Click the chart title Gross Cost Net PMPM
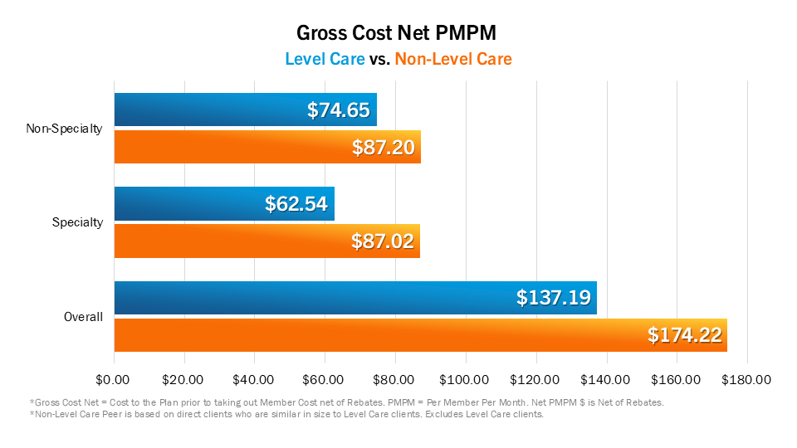[398, 33]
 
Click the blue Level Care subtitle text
[325, 59]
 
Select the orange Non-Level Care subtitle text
[453, 59]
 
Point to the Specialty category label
[78, 222]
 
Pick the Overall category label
[84, 317]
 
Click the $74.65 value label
[338, 110]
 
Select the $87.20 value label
[383, 148]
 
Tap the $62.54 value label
[296, 204]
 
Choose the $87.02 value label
[382, 242]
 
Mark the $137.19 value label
[553, 298]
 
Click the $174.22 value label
[684, 335]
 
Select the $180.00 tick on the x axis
[747, 380]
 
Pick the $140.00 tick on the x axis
[606, 380]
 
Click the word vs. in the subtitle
[379, 59]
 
